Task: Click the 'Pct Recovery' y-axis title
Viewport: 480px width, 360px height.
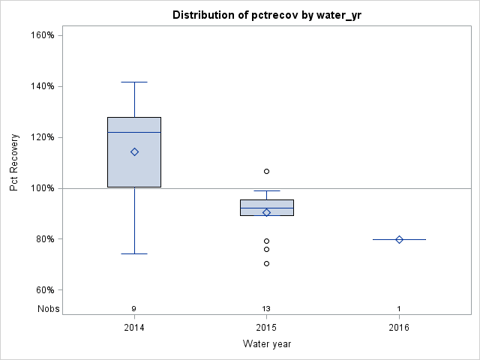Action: point(14,163)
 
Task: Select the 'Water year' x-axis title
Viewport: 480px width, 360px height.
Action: point(266,343)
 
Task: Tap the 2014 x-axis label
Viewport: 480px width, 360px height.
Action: point(134,327)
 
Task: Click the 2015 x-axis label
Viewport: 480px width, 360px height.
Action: point(266,327)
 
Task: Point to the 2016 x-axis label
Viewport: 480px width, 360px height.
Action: point(399,327)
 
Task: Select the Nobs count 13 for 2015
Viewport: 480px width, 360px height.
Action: point(266,308)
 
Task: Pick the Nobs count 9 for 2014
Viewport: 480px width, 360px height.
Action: point(134,308)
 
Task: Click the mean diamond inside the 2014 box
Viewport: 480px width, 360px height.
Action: point(134,151)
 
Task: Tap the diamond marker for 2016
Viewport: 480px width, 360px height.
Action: point(399,239)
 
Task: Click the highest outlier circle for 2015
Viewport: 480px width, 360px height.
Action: point(266,171)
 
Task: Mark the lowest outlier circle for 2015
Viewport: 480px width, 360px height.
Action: point(266,263)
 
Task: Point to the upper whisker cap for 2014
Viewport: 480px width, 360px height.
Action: point(134,82)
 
